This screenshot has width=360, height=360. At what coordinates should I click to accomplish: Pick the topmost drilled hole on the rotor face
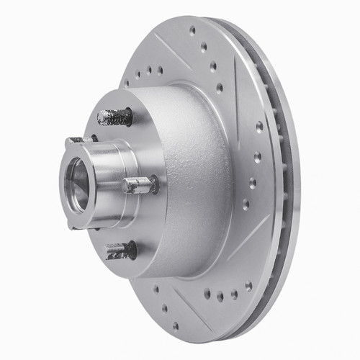point(192,31)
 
